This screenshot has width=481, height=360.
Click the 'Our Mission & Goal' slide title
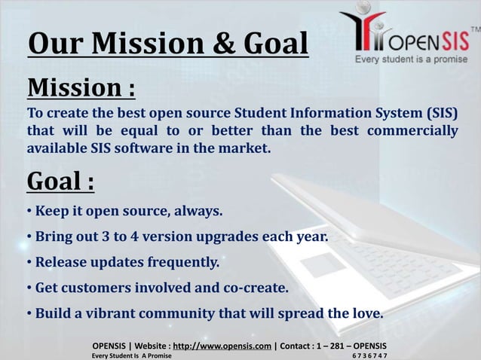pos(167,44)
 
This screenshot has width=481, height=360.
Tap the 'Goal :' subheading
pos(61,182)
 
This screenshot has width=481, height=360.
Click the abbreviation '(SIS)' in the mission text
pos(439,114)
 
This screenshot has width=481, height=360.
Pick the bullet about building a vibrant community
pos(205,313)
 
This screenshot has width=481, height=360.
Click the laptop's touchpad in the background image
pos(325,264)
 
